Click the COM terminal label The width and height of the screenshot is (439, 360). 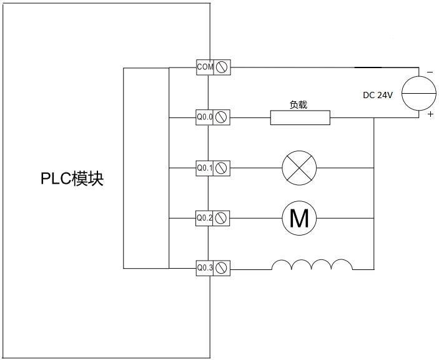pos(205,66)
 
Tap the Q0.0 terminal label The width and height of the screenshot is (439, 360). pos(205,117)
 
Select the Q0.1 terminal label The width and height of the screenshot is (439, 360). pos(205,167)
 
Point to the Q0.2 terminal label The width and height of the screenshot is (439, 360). pos(205,218)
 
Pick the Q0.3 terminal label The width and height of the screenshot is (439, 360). pos(205,268)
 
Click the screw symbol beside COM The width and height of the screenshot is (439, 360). pos(221,66)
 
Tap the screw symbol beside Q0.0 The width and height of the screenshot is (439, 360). pos(221,117)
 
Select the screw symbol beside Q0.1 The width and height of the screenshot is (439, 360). pos(221,167)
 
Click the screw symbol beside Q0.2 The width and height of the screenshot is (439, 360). pos(221,218)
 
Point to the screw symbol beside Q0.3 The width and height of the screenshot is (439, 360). pos(221,268)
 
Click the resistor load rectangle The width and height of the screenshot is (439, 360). pos(300,117)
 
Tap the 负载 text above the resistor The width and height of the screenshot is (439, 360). pos(298,105)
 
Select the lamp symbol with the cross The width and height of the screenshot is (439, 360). pos(299,167)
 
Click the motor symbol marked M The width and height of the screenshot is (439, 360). pos(299,218)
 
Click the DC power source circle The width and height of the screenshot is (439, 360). pos(418,93)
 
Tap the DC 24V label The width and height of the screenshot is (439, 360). pos(378,96)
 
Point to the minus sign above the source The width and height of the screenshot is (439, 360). pos(430,72)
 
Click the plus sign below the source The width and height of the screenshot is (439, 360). pos(430,115)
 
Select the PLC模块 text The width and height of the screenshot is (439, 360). pos(72,179)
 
